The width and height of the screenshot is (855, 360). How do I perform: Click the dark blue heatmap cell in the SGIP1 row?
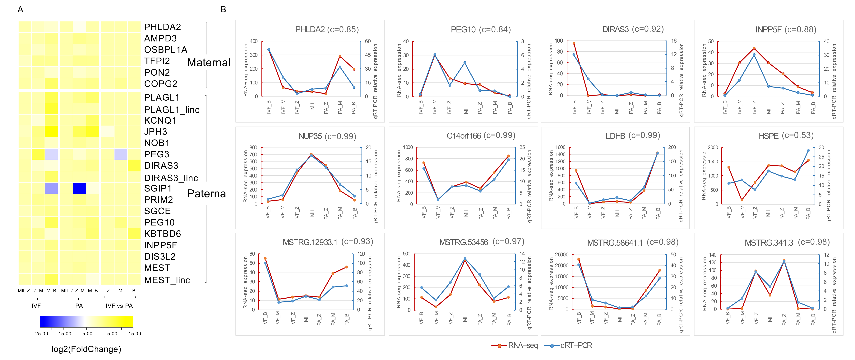[x=79, y=188]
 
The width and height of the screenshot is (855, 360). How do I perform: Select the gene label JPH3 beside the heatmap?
[x=155, y=132]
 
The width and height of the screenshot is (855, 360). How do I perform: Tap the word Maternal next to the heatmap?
[x=208, y=62]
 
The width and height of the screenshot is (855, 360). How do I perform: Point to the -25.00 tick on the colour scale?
[x=40, y=334]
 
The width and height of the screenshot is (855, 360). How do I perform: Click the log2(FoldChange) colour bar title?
[x=86, y=349]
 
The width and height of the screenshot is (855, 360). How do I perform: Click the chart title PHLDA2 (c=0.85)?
[x=327, y=30]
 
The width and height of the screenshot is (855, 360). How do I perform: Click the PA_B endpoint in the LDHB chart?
[x=658, y=153]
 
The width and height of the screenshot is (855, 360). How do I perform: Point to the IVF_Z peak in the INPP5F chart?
[x=754, y=49]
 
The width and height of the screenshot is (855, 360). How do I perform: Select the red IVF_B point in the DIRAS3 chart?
[x=574, y=43]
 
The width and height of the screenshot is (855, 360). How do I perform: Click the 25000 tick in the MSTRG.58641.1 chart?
[x=562, y=255]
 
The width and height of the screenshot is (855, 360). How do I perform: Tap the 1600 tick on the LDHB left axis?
[x=560, y=147]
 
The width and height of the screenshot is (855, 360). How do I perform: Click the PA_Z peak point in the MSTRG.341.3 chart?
[x=784, y=261]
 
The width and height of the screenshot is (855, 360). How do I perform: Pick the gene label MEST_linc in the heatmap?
[x=167, y=280]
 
